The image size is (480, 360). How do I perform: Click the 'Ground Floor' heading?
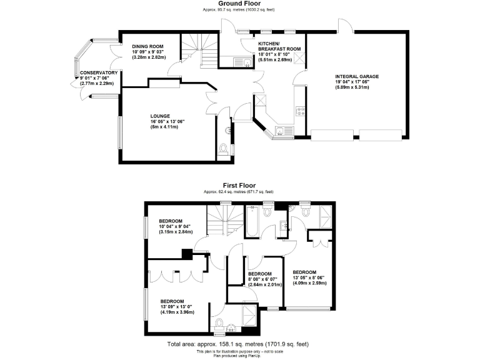tap(240, 4)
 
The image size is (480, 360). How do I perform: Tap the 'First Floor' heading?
tap(240, 186)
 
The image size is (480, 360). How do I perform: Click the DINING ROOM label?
tap(147, 46)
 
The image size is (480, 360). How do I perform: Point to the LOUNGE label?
tap(160, 116)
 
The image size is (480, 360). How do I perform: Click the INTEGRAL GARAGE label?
tap(357, 77)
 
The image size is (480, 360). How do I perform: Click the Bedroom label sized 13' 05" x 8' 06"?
tap(305, 272)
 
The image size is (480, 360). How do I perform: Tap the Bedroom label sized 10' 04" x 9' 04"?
tap(170, 221)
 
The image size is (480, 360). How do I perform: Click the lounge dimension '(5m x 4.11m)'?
tap(164, 127)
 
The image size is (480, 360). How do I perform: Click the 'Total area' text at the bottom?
tap(237, 344)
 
